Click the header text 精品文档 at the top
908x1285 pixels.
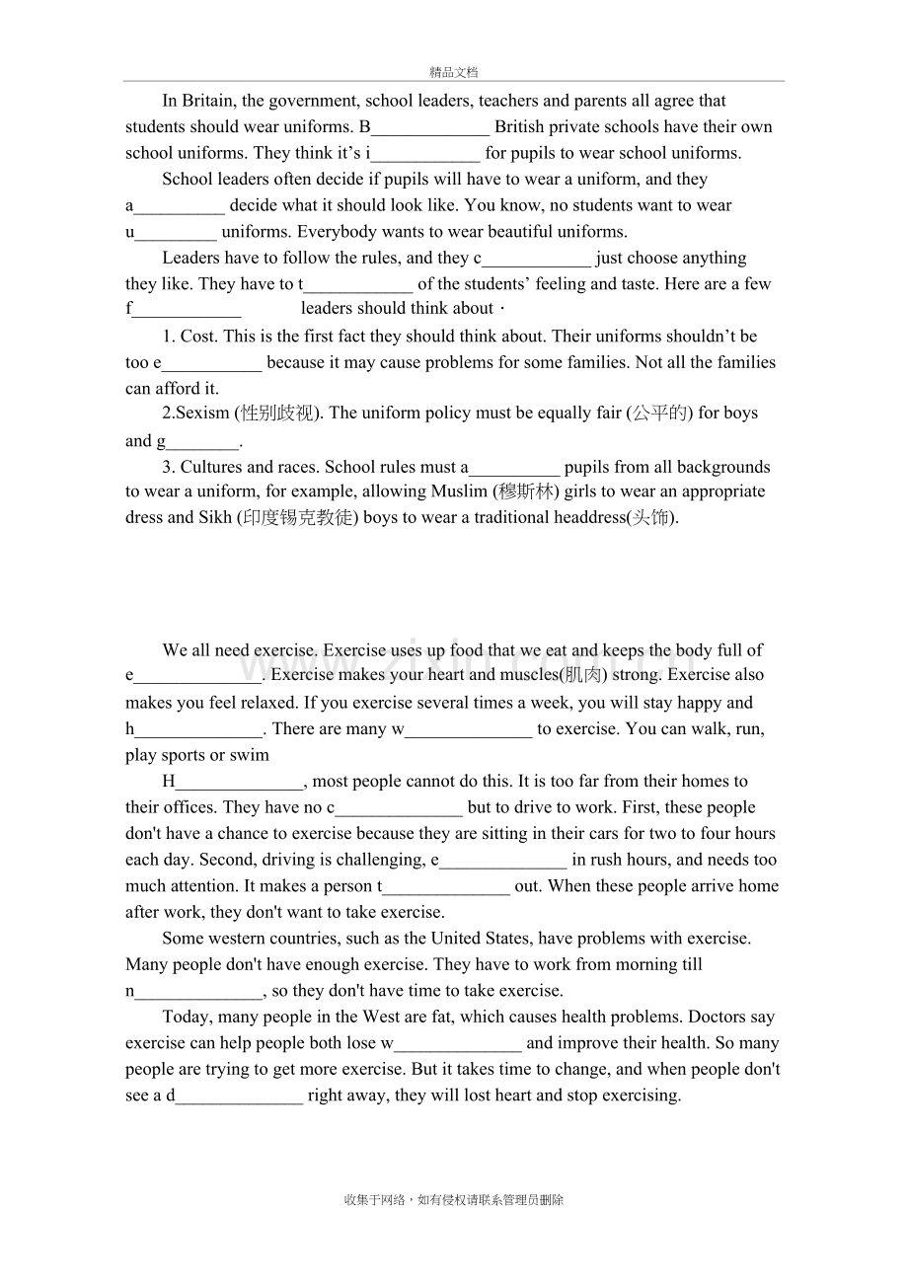pyautogui.click(x=454, y=72)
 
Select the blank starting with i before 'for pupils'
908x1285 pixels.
pyautogui.click(x=425, y=154)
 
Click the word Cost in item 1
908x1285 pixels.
pyautogui.click(x=198, y=337)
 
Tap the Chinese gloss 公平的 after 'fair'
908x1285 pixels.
pyautogui.click(x=660, y=414)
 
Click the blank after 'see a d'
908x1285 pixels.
pyautogui.click(x=239, y=1096)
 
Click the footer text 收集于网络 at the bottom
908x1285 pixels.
pyautogui.click(x=375, y=1201)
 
